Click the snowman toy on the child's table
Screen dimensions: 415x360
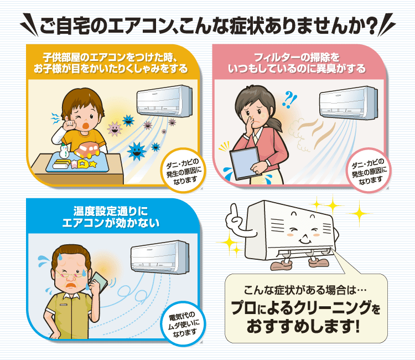point(64,151)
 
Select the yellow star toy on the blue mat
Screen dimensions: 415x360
point(92,164)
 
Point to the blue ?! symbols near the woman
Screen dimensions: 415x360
point(289,99)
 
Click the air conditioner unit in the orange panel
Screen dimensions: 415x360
point(164,101)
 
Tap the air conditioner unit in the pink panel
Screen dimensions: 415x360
point(348,103)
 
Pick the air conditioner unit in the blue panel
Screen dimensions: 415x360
point(160,257)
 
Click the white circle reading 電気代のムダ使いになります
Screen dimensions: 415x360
point(183,323)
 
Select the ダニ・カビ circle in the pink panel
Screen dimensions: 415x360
point(369,171)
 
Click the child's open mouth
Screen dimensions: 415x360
point(85,126)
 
